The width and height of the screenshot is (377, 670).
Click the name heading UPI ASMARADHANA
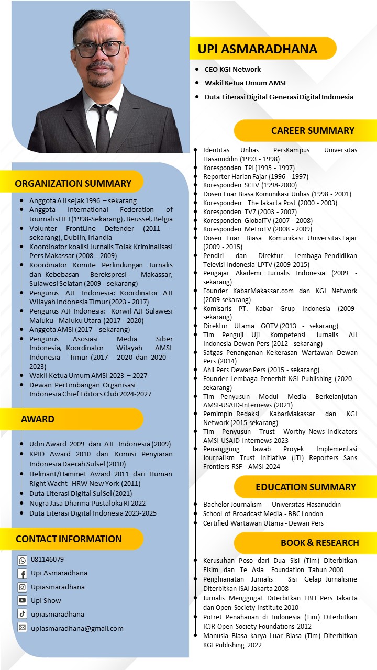click(x=258, y=49)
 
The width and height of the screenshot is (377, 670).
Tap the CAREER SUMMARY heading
click(x=313, y=131)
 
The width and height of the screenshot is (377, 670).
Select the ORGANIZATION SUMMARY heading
click(x=73, y=183)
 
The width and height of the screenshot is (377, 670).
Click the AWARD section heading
click(x=38, y=419)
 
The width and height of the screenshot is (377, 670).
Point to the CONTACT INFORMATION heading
click(x=69, y=539)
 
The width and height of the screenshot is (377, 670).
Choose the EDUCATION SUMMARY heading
click(x=306, y=487)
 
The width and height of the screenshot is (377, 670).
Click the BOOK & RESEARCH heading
click(x=319, y=543)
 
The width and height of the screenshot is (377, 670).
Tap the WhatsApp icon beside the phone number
click(x=23, y=560)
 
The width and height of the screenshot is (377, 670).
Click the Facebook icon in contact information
click(x=23, y=574)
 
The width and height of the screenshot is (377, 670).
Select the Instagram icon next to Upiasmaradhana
click(x=23, y=587)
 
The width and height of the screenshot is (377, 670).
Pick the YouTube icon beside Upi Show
click(x=23, y=601)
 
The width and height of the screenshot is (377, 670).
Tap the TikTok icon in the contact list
click(x=23, y=614)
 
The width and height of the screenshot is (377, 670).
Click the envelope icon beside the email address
click(x=23, y=628)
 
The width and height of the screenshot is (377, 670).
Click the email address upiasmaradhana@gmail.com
click(x=77, y=628)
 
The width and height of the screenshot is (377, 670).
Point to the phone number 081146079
click(x=47, y=560)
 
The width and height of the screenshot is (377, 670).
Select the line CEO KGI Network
click(x=232, y=69)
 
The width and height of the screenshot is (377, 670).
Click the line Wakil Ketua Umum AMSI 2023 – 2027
click(x=88, y=375)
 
